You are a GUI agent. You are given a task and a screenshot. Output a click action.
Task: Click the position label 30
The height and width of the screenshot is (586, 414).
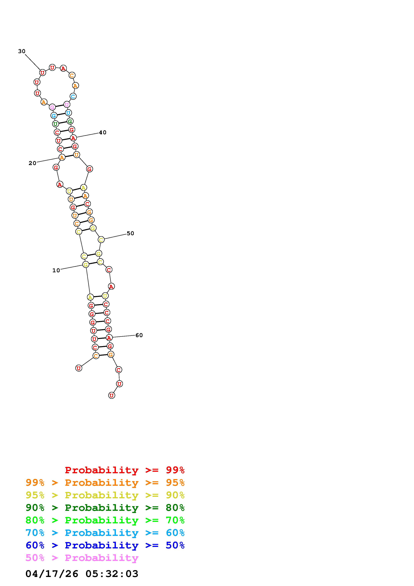(22, 51)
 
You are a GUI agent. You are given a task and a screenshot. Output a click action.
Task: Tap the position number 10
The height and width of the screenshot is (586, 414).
(56, 270)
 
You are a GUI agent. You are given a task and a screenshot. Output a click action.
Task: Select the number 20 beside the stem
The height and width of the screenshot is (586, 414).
(32, 163)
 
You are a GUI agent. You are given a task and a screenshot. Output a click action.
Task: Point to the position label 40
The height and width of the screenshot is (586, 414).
(103, 132)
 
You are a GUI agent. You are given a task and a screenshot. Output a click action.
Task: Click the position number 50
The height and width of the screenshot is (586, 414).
(130, 233)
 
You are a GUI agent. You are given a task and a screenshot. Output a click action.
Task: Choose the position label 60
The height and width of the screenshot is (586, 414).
(139, 335)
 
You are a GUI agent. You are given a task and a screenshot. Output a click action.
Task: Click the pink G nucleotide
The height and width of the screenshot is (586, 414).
(52, 107)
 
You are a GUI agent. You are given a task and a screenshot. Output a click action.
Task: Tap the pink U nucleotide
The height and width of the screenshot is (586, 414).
(67, 104)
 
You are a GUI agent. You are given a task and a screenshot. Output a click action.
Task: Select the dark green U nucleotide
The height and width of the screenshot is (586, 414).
(55, 124)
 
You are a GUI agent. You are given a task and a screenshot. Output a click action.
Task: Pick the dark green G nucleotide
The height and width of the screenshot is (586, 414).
(70, 121)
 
